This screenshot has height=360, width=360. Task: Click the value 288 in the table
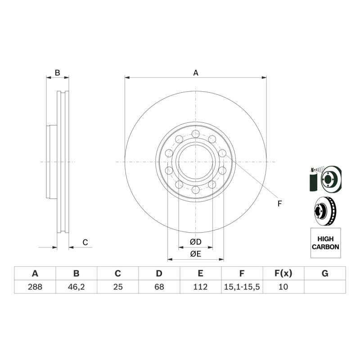(x=35, y=287)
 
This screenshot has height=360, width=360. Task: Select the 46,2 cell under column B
(x=76, y=287)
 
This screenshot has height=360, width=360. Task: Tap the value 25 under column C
(x=118, y=287)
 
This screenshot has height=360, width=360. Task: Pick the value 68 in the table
(x=159, y=287)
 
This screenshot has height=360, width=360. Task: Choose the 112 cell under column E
(x=200, y=287)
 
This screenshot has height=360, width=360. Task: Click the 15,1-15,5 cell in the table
(x=242, y=287)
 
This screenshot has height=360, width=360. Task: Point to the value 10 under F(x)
(x=283, y=287)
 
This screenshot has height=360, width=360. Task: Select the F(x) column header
(x=283, y=274)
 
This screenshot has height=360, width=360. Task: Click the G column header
(x=325, y=274)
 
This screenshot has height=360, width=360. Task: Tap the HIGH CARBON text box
(x=325, y=243)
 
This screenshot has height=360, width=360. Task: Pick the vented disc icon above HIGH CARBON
(x=324, y=211)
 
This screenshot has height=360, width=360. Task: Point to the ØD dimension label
(x=196, y=242)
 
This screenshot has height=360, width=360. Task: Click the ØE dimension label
(x=196, y=254)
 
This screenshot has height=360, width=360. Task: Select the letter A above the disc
(x=196, y=73)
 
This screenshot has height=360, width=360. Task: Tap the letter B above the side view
(x=58, y=73)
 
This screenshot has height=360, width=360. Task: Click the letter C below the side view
(x=85, y=242)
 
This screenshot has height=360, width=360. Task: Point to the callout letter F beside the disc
(x=279, y=204)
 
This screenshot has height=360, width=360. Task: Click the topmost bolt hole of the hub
(x=196, y=134)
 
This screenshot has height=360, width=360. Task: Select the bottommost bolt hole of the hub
(x=196, y=190)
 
